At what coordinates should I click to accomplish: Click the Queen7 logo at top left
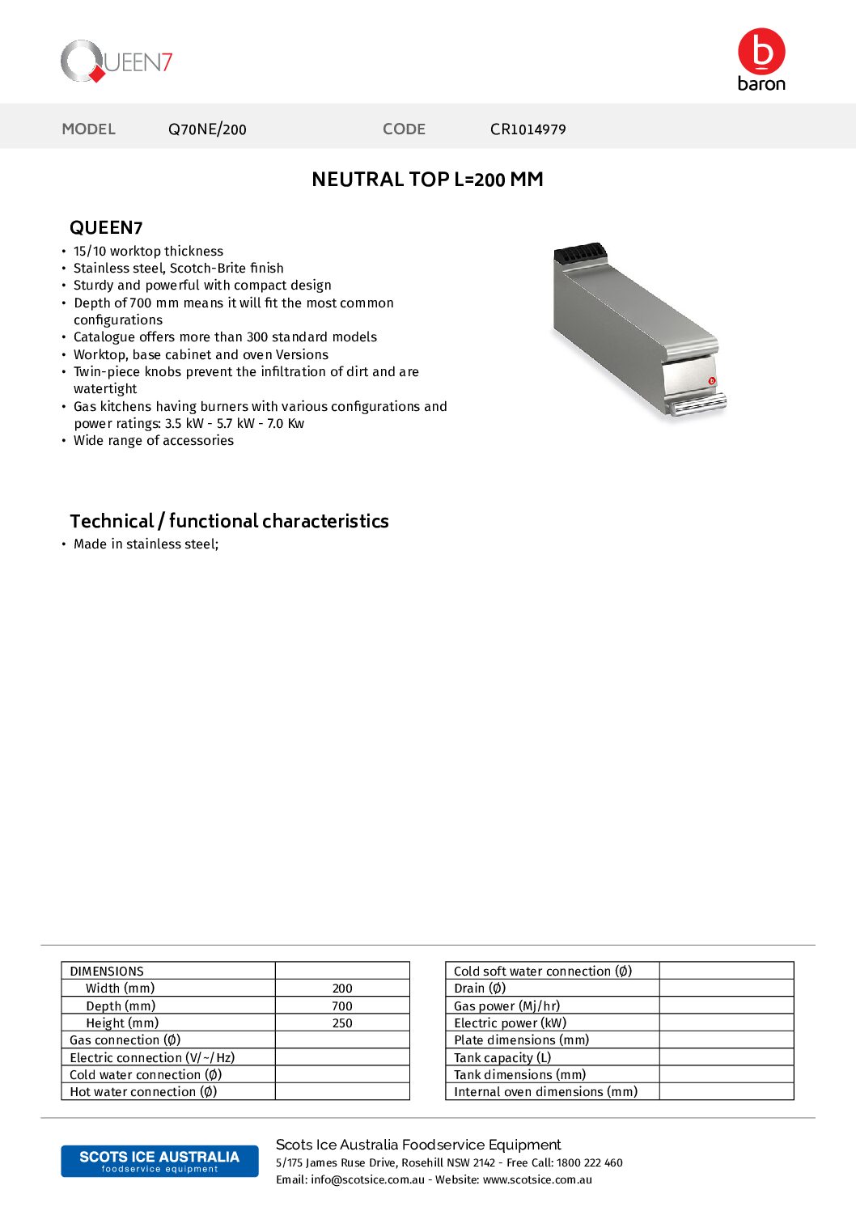[x=116, y=61]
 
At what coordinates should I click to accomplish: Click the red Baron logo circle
[x=761, y=51]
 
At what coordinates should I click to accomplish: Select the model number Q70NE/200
[x=207, y=129]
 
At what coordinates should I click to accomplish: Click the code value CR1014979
[x=528, y=129]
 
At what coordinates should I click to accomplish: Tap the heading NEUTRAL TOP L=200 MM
[x=427, y=180]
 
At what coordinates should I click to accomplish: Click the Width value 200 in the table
[x=342, y=989]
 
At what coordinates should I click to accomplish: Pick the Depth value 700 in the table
[x=342, y=1006]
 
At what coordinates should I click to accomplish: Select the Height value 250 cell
[x=342, y=1023]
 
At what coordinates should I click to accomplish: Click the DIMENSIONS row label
[x=107, y=972]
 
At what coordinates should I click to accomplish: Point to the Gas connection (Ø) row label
[x=125, y=1040]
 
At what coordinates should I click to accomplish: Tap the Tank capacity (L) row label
[x=502, y=1058]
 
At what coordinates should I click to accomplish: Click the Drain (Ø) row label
[x=480, y=989]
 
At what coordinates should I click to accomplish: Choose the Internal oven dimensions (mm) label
[x=545, y=1092]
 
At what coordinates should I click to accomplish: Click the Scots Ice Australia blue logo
[x=159, y=1161]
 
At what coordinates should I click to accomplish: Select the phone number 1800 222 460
[x=590, y=1163]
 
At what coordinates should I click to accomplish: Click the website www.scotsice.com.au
[x=537, y=1180]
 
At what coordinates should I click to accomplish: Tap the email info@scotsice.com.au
[x=367, y=1180]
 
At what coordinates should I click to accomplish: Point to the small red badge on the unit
[x=712, y=381]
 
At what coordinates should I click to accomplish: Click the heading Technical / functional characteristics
[x=229, y=521]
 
